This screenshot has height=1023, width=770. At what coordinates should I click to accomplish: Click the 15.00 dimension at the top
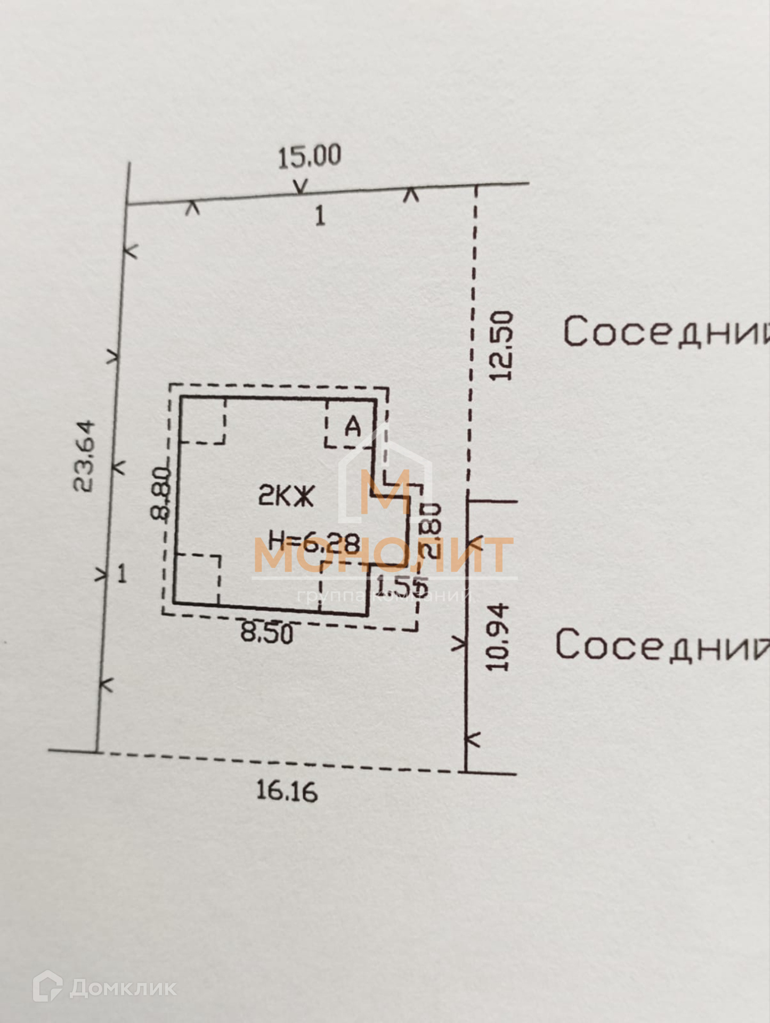(309, 157)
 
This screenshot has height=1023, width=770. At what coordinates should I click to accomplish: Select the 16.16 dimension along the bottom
(287, 791)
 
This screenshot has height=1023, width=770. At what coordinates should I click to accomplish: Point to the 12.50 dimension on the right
(501, 346)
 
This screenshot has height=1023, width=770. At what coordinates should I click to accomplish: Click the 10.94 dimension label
(498, 637)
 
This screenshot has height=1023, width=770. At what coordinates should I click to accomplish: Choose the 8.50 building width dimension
(266, 634)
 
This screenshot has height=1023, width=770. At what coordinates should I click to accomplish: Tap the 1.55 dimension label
(401, 586)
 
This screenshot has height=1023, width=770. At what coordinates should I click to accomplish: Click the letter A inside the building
(352, 427)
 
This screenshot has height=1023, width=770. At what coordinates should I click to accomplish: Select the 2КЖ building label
(286, 497)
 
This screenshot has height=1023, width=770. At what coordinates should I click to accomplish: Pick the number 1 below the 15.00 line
(320, 216)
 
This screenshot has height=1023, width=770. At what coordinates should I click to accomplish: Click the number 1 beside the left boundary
(122, 574)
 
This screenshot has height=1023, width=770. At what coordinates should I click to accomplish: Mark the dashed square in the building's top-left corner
(203, 420)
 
